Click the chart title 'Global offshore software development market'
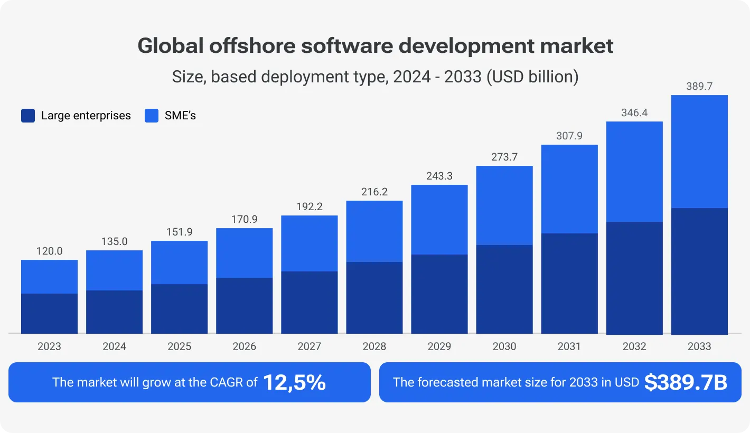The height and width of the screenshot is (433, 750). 375,46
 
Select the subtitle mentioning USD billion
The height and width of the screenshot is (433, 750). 375,77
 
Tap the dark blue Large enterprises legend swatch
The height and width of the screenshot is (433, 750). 28,116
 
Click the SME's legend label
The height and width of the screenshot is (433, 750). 180,116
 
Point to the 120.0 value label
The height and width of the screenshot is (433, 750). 49,251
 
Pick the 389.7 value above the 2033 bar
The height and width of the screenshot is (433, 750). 699,87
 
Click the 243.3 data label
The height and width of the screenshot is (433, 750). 439,176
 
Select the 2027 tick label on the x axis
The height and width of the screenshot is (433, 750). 309,346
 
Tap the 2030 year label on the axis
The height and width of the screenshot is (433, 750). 504,346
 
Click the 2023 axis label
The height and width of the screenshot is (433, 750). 49,346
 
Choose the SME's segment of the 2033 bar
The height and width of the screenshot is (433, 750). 699,152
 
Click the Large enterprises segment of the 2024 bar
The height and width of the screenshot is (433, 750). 114,312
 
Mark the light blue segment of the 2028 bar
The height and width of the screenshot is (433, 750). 374,231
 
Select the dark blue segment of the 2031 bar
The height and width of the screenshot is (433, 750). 569,283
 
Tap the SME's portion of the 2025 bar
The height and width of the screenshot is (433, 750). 179,262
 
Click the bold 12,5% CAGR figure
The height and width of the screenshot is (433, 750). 294,382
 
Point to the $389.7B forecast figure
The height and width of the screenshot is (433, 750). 686,382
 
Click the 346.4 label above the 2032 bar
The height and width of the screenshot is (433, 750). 634,113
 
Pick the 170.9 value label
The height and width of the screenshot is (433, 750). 244,219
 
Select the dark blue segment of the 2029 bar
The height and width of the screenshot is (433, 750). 439,294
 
